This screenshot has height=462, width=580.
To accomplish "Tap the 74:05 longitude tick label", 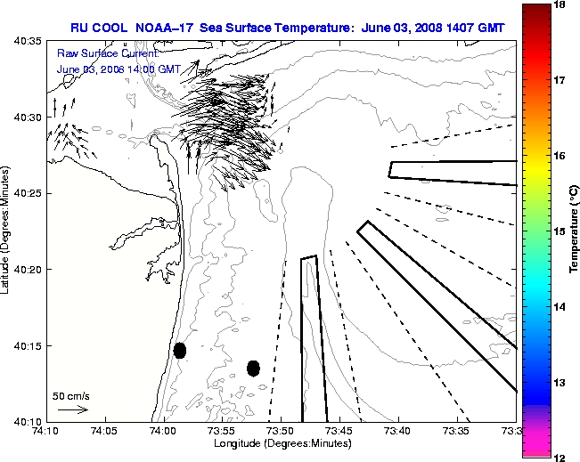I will pos(104,431).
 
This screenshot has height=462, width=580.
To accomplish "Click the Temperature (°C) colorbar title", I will pos(575,231).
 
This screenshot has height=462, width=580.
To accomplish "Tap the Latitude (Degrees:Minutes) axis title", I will pos(7,231).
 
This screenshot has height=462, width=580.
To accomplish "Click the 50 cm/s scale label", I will pos(71,396).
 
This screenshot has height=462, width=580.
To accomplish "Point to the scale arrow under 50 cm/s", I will pos(72,409).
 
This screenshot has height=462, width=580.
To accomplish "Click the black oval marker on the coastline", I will pos(180,350).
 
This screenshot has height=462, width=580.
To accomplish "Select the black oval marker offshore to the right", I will pos(253,368).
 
